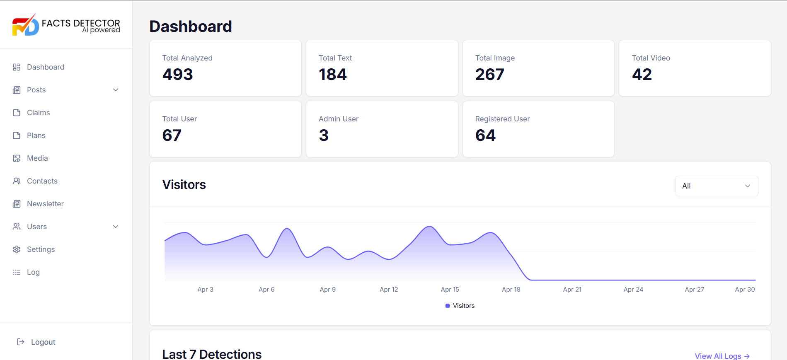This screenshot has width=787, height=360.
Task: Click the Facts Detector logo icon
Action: (25, 25)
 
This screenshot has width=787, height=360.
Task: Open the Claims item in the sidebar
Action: (38, 113)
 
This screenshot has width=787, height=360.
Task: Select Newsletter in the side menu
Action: (45, 204)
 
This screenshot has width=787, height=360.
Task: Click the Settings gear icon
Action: (17, 249)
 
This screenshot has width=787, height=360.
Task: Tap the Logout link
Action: (43, 342)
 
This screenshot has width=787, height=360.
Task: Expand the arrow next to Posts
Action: (116, 90)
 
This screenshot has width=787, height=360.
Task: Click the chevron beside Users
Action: (116, 227)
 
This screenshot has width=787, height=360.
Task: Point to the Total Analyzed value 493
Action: (177, 75)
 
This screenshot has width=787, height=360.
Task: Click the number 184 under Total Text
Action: (332, 75)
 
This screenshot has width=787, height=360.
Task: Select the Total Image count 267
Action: (489, 75)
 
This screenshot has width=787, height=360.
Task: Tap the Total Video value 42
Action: (642, 75)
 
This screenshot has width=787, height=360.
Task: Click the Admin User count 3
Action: (324, 135)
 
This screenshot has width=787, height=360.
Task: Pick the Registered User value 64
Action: (485, 135)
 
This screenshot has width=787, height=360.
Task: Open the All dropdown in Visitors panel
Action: (717, 186)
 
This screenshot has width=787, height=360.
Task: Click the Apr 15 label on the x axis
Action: (450, 290)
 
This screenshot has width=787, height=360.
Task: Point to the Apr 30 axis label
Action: (745, 290)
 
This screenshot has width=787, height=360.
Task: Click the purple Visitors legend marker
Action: (448, 306)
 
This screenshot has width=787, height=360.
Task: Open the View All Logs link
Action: (722, 356)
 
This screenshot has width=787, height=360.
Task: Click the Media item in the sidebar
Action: (37, 158)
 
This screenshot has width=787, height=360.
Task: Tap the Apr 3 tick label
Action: (205, 290)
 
